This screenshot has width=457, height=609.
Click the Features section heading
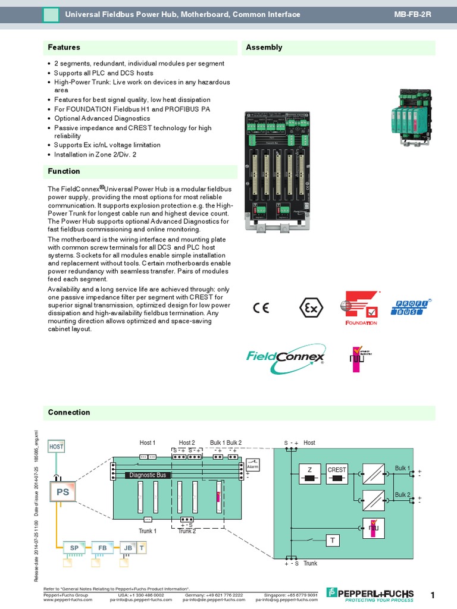click(64, 48)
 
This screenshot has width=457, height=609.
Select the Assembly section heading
click(264, 48)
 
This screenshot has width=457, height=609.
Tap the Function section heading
click(64, 171)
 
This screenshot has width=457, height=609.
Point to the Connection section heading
click(69, 412)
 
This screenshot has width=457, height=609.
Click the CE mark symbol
click(261, 307)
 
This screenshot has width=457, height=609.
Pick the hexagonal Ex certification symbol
click(310, 307)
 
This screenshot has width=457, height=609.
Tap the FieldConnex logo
click(286, 359)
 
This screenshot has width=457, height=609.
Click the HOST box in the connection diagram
click(56, 446)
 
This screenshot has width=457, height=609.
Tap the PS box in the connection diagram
click(62, 492)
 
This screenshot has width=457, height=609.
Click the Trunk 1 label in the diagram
click(148, 530)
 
